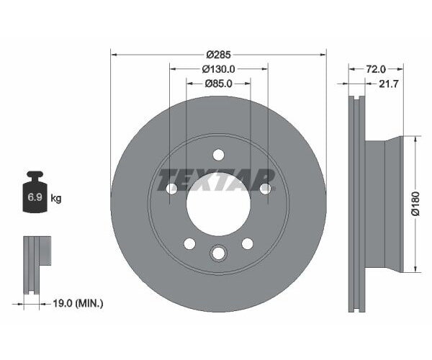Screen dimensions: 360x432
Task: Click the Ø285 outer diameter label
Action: [x=218, y=55]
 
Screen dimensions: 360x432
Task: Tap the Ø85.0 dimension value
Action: [x=218, y=84]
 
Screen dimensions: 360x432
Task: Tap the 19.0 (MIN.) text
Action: [x=78, y=303]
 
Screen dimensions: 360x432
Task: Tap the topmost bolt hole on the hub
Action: [x=218, y=154]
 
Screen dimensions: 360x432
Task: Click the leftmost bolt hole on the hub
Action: [x=171, y=189]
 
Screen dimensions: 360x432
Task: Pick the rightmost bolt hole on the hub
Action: [x=265, y=189]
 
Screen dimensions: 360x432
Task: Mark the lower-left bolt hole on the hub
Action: [x=189, y=243]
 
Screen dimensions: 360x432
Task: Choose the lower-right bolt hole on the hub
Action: [x=247, y=243]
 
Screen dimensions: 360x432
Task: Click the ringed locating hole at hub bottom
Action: [x=218, y=253]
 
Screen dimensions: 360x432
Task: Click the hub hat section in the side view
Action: [x=385, y=204]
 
